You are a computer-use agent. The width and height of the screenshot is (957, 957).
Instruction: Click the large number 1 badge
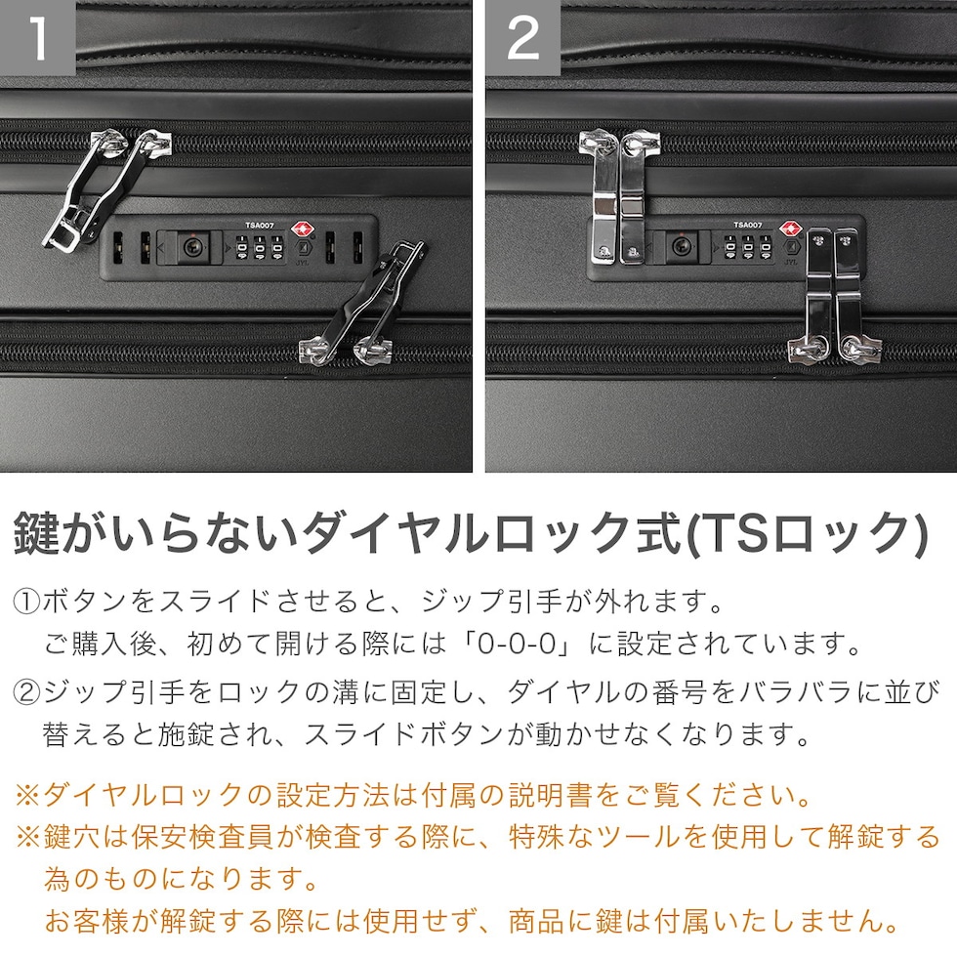point(37,38)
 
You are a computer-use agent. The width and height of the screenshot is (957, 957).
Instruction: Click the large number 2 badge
point(523,38)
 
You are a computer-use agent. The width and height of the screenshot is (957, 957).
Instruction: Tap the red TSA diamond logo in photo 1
point(302,230)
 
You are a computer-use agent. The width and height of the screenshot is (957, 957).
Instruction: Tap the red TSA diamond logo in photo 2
point(790,230)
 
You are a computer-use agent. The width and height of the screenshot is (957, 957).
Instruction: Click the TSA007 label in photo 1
point(260,226)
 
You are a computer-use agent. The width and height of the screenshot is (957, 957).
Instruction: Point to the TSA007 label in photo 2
point(748,226)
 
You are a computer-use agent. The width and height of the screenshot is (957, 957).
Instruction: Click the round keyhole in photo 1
point(193,247)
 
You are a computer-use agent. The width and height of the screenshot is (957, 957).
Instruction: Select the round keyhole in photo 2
point(682,247)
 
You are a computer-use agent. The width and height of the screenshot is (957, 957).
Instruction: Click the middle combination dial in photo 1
point(260,248)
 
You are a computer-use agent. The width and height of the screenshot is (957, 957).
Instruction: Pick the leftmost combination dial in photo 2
point(730,248)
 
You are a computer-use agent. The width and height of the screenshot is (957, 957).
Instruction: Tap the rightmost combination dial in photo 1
point(277,248)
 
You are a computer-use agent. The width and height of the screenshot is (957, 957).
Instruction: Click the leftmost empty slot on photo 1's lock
point(118,247)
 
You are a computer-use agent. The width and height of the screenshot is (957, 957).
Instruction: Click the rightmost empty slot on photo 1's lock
point(357,247)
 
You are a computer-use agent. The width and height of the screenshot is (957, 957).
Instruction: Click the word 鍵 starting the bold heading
point(36,533)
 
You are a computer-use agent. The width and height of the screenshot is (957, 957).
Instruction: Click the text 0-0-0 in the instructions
point(517,644)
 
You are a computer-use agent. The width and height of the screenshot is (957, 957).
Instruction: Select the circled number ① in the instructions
point(27,602)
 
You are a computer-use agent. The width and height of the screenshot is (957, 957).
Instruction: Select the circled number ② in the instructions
point(27,692)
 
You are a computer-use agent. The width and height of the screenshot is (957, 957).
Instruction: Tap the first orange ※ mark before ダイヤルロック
point(28,795)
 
